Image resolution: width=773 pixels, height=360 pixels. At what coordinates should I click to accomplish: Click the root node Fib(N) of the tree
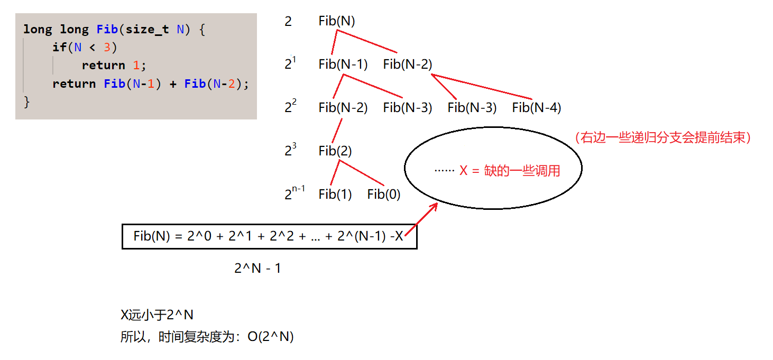pyautogui.click(x=337, y=22)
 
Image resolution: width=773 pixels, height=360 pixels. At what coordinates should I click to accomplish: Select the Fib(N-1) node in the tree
pyautogui.click(x=343, y=64)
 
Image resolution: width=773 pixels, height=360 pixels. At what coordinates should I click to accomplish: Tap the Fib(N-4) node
pyautogui.click(x=537, y=108)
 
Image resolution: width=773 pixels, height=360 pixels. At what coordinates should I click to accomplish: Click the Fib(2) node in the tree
pyautogui.click(x=335, y=151)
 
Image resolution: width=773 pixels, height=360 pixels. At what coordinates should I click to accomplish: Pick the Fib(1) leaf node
pyautogui.click(x=335, y=195)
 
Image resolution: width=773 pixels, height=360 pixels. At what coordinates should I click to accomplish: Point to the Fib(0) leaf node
pyautogui.click(x=384, y=195)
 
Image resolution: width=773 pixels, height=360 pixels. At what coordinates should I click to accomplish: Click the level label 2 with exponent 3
pyautogui.click(x=290, y=151)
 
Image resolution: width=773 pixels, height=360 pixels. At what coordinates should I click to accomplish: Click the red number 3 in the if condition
pyautogui.click(x=107, y=47)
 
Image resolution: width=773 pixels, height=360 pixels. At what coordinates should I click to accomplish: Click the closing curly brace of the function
pyautogui.click(x=27, y=101)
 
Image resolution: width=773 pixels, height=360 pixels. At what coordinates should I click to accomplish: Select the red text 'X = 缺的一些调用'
pyautogui.click(x=510, y=171)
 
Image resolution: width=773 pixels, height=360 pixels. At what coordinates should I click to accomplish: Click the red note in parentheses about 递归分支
pyautogui.click(x=663, y=138)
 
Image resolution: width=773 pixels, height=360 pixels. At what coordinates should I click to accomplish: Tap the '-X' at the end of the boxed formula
pyautogui.click(x=397, y=236)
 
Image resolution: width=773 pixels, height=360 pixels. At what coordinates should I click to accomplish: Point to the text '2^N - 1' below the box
pyautogui.click(x=257, y=269)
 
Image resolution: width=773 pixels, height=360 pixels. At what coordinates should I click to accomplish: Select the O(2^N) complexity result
pyautogui.click(x=270, y=337)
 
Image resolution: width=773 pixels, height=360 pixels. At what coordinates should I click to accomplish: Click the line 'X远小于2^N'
pyautogui.click(x=157, y=315)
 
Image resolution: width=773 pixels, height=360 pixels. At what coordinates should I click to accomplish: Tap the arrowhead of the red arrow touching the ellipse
pyautogui.click(x=435, y=206)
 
